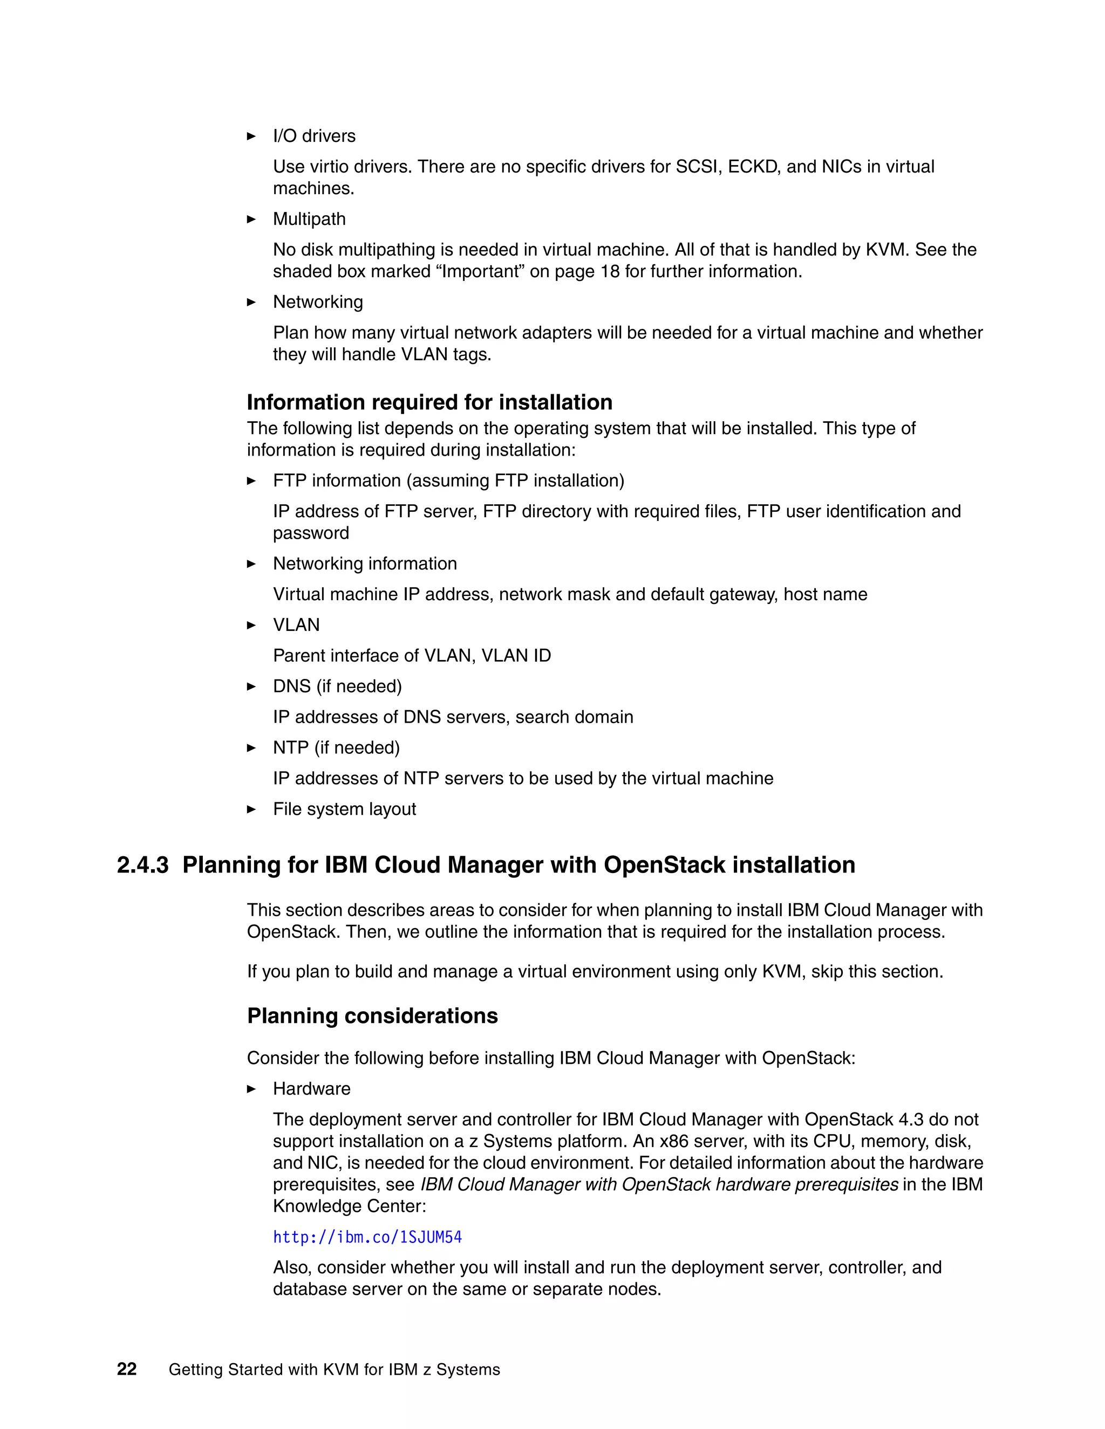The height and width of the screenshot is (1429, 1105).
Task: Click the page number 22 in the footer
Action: [x=126, y=1370]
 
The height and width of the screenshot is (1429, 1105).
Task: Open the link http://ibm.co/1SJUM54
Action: [x=367, y=1236]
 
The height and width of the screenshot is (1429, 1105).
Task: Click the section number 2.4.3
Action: [x=142, y=865]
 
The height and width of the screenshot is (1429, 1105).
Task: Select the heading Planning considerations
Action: [x=372, y=1015]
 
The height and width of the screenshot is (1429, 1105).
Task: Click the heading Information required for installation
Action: [x=429, y=402]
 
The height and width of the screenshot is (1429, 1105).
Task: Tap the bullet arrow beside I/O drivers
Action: [x=251, y=136]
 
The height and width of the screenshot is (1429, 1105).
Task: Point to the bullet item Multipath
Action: [x=309, y=218]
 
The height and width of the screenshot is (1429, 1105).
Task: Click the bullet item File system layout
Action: [x=344, y=809]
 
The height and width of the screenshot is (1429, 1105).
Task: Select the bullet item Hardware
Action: [x=312, y=1088]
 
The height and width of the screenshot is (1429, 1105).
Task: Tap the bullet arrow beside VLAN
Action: [x=251, y=625]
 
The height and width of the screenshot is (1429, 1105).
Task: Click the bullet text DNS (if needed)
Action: [x=337, y=686]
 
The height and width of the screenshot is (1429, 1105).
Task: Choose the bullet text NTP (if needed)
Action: [x=336, y=747]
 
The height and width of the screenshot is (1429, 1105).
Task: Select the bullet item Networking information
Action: [x=365, y=564]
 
